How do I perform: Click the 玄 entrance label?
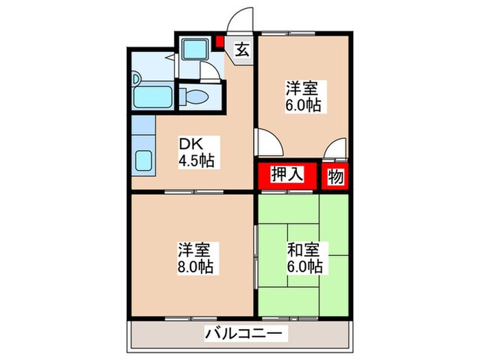tap(243, 49)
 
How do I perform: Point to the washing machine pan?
tap(195, 49)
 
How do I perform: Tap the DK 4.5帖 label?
tap(196, 153)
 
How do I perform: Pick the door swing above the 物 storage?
tap(336, 149)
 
